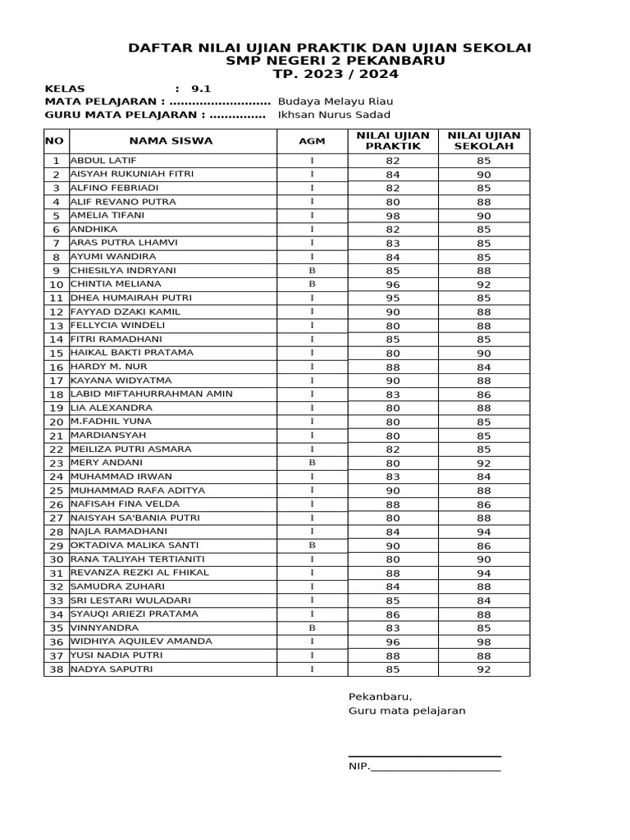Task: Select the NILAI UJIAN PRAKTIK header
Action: click(x=393, y=140)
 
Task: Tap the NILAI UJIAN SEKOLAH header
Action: click(x=483, y=140)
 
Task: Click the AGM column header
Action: click(x=312, y=140)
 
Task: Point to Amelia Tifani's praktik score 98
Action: click(x=393, y=216)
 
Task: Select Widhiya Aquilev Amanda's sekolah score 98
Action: click(x=483, y=642)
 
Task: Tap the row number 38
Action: click(x=57, y=670)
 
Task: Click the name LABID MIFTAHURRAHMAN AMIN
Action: click(x=152, y=394)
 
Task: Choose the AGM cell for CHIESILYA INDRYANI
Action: click(x=312, y=271)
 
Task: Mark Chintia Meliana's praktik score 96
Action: click(x=393, y=285)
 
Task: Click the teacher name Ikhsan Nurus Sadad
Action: click(x=335, y=115)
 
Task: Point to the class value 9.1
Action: click(x=201, y=88)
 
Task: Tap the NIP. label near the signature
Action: click(x=359, y=767)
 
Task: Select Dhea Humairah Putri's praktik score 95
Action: click(x=393, y=299)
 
